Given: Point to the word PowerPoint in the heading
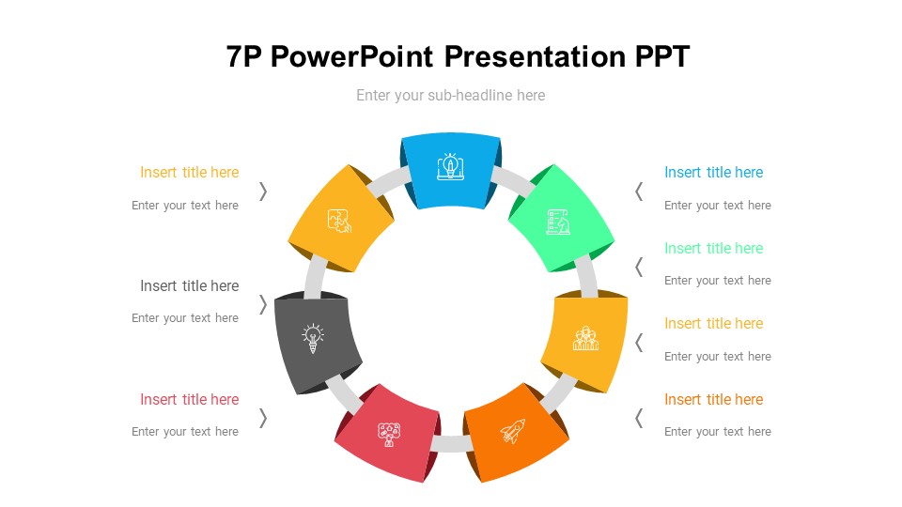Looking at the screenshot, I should pos(352,57).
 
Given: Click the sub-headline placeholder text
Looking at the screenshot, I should pos(450,95).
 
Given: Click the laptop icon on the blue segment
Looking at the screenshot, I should pos(451,167).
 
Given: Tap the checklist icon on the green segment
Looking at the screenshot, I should pos(557,223).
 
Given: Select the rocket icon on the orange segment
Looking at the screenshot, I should pos(512,431).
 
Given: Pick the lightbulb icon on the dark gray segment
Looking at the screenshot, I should pos(313,337).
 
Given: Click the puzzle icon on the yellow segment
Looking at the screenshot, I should pos(339,221).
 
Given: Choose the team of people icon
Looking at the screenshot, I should pos(586,338).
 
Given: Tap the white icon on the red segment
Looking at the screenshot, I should pos(390,434).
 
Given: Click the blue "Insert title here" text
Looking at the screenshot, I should pos(713,173).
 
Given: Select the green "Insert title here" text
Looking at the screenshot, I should pos(713,248).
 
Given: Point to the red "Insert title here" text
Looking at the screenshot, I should pos(190,399).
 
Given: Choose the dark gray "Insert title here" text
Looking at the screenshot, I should pos(190,285).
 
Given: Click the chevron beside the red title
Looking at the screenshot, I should pos(263,418).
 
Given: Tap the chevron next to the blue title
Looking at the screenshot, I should pos(639,192).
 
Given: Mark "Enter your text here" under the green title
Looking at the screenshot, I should pos(717,281).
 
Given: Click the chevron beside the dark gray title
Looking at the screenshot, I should pos(263,304).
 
